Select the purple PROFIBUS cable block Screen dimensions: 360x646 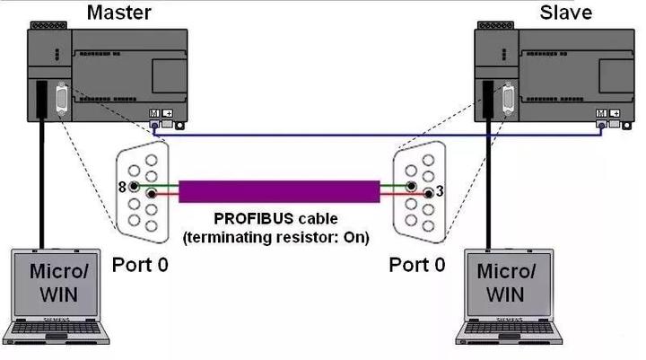[278, 190]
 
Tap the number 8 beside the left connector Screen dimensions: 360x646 [122, 187]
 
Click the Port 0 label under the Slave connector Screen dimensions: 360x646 [416, 266]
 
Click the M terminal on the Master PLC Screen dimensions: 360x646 [154, 114]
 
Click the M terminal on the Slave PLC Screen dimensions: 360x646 [600, 114]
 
